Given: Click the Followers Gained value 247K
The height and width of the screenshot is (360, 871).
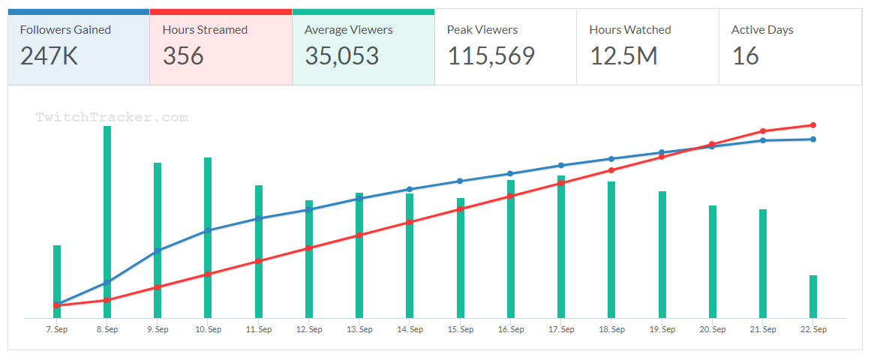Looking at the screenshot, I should point(49,55).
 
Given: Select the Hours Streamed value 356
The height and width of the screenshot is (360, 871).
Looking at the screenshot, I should point(183,55).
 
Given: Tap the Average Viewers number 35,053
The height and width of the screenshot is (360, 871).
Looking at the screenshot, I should point(341,55).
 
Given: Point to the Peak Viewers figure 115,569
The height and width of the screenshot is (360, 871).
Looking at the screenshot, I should point(491,55).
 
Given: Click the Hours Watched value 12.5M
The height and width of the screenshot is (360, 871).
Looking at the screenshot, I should point(623,55).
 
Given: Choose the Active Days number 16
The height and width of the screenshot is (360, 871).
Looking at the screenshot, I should point(745,55).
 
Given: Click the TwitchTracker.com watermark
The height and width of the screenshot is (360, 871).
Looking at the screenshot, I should point(111,117).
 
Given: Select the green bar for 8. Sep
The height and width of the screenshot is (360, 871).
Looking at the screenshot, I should point(107,222).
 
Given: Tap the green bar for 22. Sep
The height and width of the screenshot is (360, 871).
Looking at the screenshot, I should point(813,296).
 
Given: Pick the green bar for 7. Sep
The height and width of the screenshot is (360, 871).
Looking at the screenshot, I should point(57,281).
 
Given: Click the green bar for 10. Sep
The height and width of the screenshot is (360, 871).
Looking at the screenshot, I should point(208,238).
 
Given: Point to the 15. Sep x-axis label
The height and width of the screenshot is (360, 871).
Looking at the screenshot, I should point(461,329).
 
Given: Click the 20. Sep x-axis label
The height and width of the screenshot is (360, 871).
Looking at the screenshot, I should point(713,329).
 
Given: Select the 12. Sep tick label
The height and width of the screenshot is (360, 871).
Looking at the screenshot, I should point(309,329).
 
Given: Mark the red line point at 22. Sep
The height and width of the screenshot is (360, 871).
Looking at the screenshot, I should point(813,125).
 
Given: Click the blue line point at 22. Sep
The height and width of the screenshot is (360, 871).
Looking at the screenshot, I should point(813,139).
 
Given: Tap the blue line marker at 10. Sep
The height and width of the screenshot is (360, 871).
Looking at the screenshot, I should point(208,230).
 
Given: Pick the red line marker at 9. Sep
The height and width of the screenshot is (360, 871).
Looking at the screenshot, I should point(158,287).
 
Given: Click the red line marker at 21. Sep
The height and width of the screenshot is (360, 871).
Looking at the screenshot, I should point(763,131).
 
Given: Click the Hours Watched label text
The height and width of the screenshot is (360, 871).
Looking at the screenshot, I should point(630,30).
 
